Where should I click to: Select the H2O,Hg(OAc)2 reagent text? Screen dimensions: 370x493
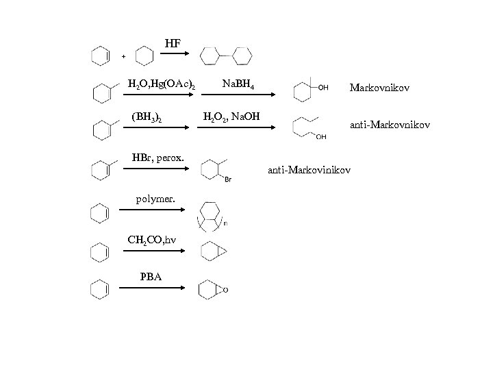click(161, 85)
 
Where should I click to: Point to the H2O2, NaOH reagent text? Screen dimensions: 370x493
click(231, 117)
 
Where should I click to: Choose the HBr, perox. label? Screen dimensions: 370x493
click(157, 158)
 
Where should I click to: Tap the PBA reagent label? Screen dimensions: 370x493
click(151, 277)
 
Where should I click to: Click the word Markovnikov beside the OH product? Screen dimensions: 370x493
click(379, 88)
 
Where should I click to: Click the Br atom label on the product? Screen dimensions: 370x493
click(228, 180)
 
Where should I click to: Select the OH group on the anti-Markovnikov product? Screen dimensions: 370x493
click(320, 137)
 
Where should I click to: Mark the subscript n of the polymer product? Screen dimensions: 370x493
click(225, 223)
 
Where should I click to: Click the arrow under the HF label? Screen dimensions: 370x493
click(174, 57)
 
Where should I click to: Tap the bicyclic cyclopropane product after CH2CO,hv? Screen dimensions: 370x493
click(212, 251)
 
